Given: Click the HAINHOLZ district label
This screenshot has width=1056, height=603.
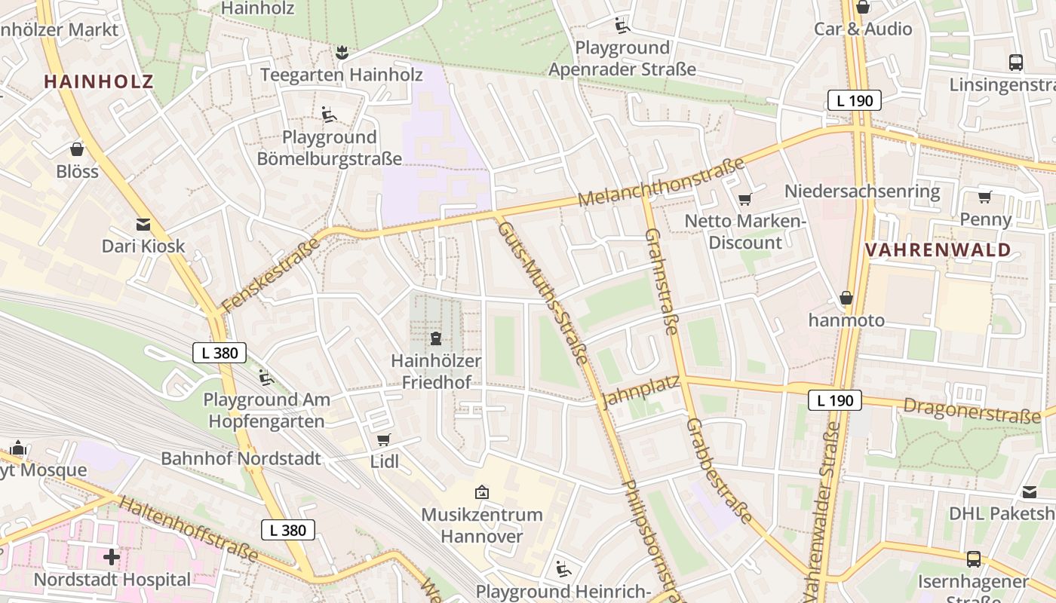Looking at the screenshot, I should [99, 81].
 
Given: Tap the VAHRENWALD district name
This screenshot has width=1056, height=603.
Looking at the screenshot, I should [938, 250].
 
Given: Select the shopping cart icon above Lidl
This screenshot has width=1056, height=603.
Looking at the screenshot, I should [384, 439].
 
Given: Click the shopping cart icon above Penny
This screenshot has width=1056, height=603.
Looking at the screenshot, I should [984, 197].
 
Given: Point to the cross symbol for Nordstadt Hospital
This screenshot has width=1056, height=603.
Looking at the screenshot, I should [112, 558].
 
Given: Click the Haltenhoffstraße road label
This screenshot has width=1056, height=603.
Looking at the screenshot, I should [189, 529].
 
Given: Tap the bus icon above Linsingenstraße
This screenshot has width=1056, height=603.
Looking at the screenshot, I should [1016, 63].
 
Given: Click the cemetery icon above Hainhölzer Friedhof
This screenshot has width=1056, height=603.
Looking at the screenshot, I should [436, 338].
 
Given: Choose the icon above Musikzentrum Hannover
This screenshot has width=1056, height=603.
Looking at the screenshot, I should [481, 493].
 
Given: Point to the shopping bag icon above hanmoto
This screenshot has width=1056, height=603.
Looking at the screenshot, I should [846, 298].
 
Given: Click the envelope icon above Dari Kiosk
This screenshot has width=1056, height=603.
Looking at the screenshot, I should [143, 225].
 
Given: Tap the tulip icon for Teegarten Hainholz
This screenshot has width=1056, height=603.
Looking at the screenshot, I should [342, 53].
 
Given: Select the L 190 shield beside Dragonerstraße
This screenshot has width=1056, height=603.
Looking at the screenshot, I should [835, 400].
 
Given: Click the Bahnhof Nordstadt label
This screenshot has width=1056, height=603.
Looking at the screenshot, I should [241, 458].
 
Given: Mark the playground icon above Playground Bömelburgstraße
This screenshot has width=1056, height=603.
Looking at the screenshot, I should [329, 115].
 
